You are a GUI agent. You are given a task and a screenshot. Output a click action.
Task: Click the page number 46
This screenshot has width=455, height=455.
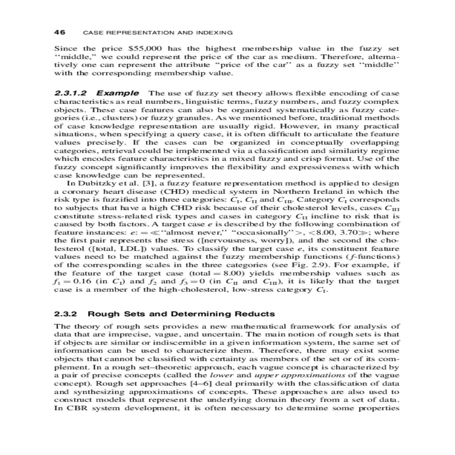click(x=60, y=32)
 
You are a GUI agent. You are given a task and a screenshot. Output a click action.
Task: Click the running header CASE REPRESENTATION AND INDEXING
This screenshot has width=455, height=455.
click(x=158, y=33)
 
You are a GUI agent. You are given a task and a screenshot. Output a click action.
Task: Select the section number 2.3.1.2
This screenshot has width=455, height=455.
click(x=71, y=93)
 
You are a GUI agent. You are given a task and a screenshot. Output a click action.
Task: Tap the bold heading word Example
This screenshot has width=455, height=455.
click(x=118, y=93)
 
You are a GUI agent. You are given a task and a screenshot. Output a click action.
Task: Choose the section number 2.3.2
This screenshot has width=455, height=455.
click(x=66, y=314)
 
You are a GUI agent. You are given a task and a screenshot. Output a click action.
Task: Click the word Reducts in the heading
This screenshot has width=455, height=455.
click(x=255, y=314)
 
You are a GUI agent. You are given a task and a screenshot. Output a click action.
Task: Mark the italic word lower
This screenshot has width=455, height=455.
click(x=221, y=375)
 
